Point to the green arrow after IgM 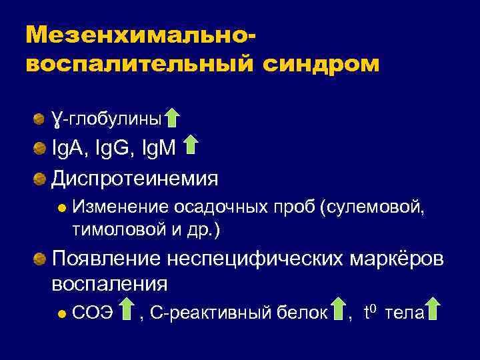click(191, 145)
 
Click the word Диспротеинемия click(135, 179)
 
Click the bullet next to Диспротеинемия click(40, 179)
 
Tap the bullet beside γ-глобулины click(40, 119)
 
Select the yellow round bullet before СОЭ click(61, 312)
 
